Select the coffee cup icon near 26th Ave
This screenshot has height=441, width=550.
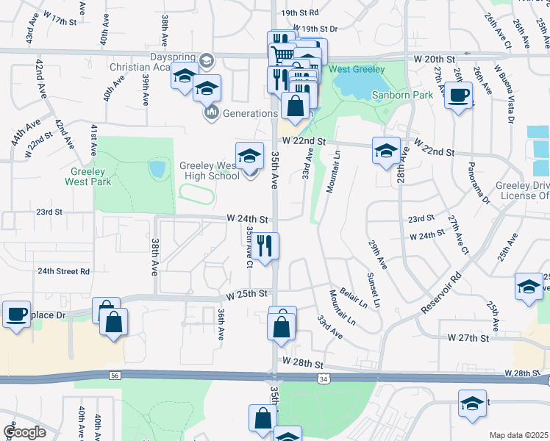459,96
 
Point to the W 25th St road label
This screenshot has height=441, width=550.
246,294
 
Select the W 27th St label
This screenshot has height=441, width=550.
468,338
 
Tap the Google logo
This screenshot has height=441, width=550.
24,432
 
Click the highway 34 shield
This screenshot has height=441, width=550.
324,379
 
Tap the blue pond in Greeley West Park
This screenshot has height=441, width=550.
157,169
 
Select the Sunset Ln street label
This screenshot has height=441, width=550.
373,290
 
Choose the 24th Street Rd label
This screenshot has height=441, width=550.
64,271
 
